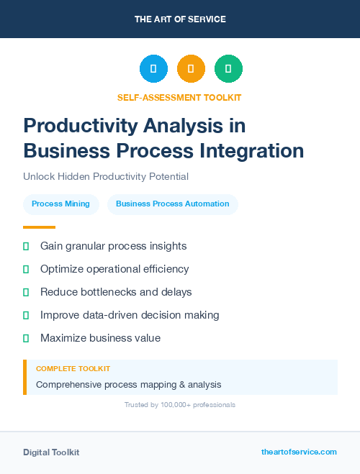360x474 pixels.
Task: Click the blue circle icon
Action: pos(153,69)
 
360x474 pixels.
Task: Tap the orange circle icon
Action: pos(191,69)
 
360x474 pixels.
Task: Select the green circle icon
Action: pos(228,69)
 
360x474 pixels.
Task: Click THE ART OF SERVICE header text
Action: pos(180,19)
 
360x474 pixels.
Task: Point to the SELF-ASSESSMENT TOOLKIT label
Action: pos(179,97)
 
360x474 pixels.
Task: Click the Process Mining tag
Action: pos(60,204)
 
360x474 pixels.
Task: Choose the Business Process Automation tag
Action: pos(172,204)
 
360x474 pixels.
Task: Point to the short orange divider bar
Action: pos(39,227)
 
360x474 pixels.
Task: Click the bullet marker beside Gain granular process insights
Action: pos(26,246)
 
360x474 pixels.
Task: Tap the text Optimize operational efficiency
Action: pos(114,269)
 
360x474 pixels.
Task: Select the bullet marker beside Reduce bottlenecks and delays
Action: pos(26,292)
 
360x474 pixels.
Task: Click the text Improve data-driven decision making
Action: pos(130,315)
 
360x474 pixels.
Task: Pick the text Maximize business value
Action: pos(100,338)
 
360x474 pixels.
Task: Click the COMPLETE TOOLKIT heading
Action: pos(73,368)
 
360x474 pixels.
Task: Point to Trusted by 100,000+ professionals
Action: pos(180,405)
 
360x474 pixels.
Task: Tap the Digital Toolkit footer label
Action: pos(51,452)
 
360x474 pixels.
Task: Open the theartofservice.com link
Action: pos(299,452)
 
